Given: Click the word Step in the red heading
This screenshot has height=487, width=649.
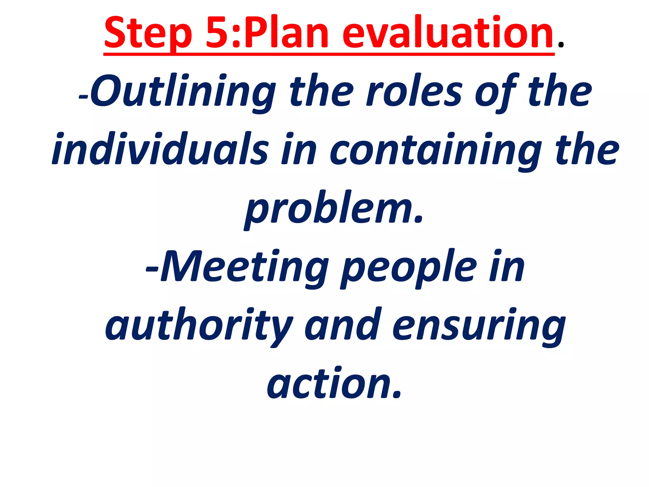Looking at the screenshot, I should click(x=148, y=33).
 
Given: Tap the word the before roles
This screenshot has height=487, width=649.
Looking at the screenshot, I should click(x=321, y=91).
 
